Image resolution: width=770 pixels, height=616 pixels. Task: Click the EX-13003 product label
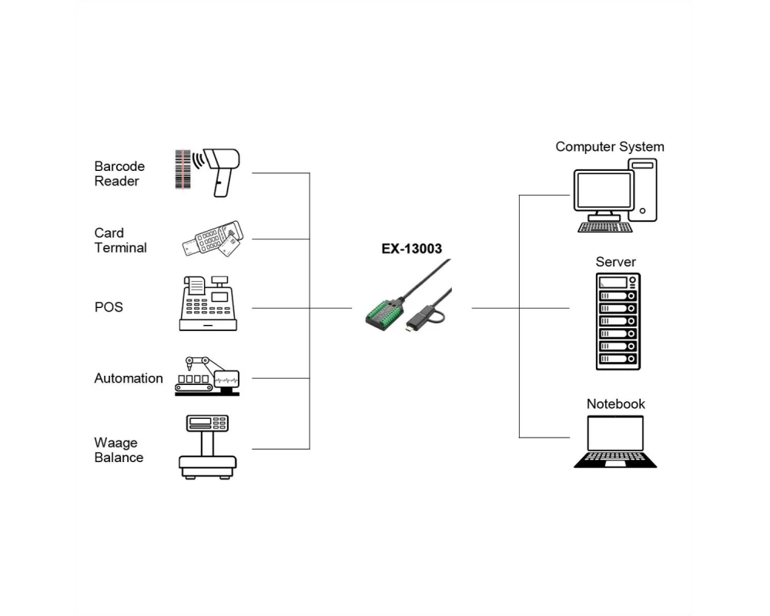pyautogui.click(x=412, y=249)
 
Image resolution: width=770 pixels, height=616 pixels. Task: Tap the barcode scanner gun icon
pyautogui.click(x=222, y=169)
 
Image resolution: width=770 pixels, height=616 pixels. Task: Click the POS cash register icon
pyautogui.click(x=208, y=303)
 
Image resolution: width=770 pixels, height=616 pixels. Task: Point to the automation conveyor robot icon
pyautogui.click(x=206, y=376)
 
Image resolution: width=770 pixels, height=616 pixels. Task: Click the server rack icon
pyautogui.click(x=618, y=321)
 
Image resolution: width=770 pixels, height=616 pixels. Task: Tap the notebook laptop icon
pyautogui.click(x=615, y=442)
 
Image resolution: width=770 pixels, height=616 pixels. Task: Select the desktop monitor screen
pyautogui.click(x=604, y=192)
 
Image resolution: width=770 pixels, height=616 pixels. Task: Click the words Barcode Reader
pyautogui.click(x=119, y=173)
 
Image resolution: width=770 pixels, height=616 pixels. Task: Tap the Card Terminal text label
pyautogui.click(x=120, y=240)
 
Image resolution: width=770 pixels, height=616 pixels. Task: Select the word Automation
pyautogui.click(x=129, y=378)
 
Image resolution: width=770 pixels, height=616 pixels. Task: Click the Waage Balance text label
pyautogui.click(x=119, y=450)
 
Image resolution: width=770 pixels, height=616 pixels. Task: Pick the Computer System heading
pyautogui.click(x=610, y=146)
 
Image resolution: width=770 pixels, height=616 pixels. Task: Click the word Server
pyautogui.click(x=616, y=262)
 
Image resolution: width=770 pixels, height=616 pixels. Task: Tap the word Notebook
pyautogui.click(x=616, y=403)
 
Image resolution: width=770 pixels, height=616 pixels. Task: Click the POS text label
pyautogui.click(x=109, y=307)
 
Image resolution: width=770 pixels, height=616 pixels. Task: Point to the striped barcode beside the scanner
pyautogui.click(x=182, y=169)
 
